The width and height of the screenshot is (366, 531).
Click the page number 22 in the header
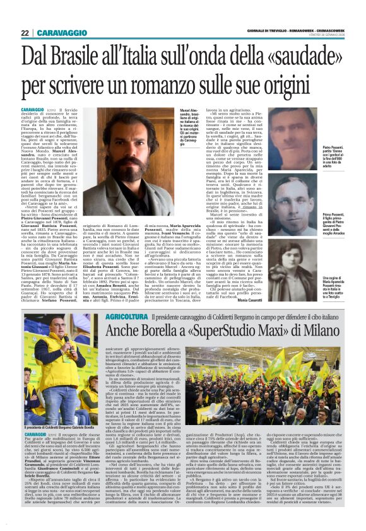24,33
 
